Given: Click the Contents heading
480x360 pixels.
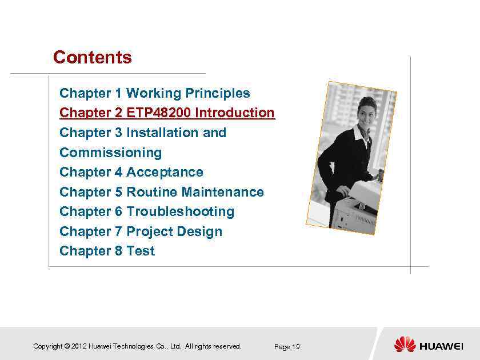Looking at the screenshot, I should [92, 58].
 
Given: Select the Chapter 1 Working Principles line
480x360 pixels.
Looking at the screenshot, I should [154, 93].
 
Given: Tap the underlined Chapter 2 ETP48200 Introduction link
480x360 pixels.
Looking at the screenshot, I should [167, 113].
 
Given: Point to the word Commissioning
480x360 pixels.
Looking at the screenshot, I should [110, 153].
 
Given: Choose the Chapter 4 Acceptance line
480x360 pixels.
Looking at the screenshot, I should [131, 172].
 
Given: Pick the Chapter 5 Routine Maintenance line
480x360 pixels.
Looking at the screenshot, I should [161, 192].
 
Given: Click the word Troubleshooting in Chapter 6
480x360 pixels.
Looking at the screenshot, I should [180, 211].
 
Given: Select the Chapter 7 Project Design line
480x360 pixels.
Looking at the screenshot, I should [141, 231].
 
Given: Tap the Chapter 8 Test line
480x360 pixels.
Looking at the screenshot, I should [107, 251].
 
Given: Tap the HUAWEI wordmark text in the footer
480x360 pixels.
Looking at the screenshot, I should [441, 346].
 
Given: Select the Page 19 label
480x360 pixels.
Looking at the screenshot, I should [287, 347].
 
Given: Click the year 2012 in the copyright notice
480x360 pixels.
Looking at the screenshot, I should [79, 346].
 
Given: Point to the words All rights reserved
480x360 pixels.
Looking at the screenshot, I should [213, 346].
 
